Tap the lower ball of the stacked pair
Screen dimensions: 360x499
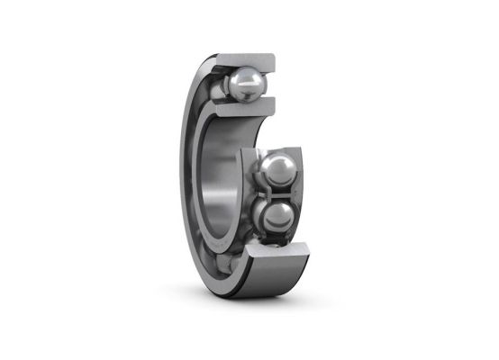pos(276,216)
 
